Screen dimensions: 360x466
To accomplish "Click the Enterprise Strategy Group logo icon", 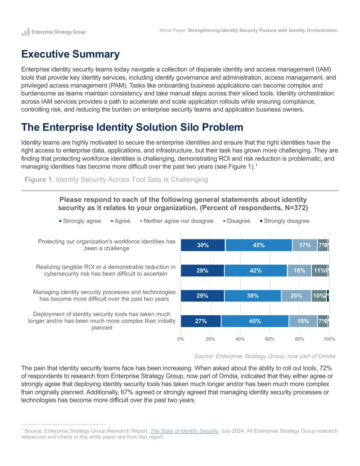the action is click(26, 32).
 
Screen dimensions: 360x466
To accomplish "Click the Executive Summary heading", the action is click(70, 54).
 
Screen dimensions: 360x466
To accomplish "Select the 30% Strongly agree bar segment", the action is click(203, 245).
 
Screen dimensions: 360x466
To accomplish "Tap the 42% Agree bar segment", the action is click(256, 271).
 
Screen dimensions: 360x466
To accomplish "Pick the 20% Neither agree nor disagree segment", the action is click(296, 296).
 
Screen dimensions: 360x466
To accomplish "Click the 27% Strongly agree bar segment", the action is click(201, 321).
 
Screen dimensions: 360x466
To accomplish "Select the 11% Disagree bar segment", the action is click(319, 271).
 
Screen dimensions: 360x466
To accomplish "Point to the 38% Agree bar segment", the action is click(253, 296).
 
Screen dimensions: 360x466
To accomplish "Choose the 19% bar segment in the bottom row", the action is click(303, 321).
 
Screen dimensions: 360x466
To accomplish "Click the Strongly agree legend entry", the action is click(80, 221).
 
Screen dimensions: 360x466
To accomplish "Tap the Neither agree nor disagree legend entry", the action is click(177, 221).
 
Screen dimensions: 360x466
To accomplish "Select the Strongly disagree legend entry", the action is click(285, 221).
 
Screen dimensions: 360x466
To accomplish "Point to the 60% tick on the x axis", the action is click(270, 339).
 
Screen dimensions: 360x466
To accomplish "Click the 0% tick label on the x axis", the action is click(180, 339).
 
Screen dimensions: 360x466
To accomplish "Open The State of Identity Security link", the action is click(184, 431).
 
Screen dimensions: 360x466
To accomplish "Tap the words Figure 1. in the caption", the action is click(39, 180).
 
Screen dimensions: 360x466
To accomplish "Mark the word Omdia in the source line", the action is click(327, 356).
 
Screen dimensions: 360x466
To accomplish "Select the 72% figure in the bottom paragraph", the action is click(325, 368).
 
